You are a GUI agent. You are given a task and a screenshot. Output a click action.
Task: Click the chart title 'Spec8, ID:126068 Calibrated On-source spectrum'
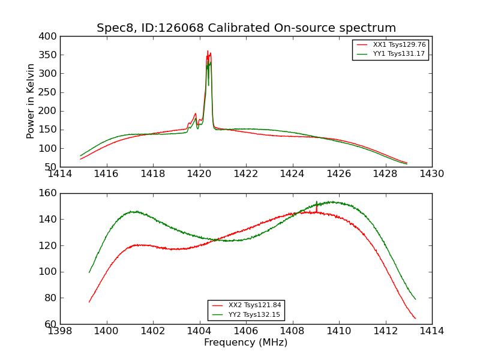246,28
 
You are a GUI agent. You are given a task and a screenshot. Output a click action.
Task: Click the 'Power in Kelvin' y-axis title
31,101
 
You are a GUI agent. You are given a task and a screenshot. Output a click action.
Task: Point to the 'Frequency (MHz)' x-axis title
245,343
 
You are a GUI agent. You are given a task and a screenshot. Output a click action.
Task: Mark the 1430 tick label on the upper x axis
431,174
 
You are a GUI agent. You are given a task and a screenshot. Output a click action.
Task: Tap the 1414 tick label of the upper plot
60,174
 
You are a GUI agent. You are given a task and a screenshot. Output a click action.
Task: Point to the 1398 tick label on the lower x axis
60,331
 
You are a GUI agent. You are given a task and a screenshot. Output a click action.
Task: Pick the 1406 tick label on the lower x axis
245,331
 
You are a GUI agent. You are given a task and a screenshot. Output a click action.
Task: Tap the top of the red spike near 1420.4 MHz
208,51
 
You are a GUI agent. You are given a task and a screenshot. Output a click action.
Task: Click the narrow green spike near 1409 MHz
317,202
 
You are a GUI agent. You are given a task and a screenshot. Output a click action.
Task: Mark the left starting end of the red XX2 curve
89,302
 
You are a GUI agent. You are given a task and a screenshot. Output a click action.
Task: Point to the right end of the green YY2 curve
415,299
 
